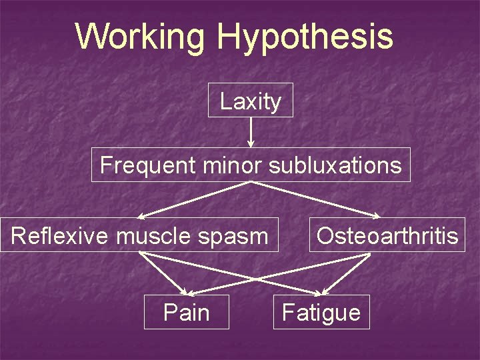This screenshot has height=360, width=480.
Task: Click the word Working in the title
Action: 140,37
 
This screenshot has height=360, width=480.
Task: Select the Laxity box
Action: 251,100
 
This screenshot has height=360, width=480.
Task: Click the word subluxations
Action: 335,165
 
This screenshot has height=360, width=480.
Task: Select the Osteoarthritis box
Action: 387,235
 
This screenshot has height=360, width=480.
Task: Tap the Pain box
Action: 187,312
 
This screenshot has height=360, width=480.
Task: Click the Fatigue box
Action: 321,312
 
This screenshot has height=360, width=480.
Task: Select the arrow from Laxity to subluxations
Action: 251,131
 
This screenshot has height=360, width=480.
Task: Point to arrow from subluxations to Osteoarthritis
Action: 313,199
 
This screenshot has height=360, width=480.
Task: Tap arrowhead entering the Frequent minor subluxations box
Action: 251,143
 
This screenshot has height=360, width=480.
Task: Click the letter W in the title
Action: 89,37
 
